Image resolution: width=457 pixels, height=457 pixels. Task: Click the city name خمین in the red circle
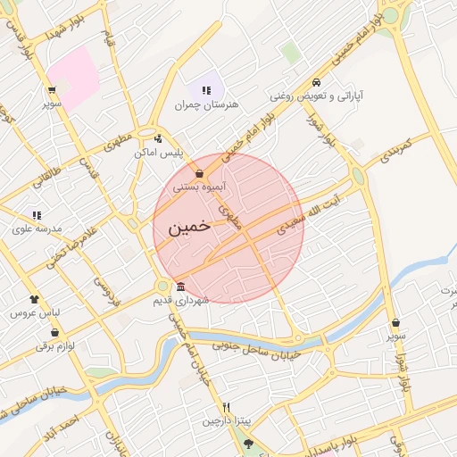[x=188, y=226]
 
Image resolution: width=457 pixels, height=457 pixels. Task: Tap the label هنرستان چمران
[x=207, y=105]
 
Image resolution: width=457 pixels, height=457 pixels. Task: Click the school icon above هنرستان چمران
[x=207, y=90]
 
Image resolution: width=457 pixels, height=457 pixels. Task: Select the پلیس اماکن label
[x=158, y=153]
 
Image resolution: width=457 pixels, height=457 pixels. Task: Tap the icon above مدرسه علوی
[x=37, y=214]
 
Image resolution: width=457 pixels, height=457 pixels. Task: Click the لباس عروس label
[x=33, y=313]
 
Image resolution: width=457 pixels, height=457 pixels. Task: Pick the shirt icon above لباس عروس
[x=34, y=299]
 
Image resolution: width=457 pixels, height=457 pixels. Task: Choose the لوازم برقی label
[x=55, y=345]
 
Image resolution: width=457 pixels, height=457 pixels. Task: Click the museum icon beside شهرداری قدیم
[x=181, y=287]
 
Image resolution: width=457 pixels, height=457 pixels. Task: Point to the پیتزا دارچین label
[x=226, y=420]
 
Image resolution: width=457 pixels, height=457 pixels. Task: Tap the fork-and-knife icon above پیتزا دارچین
[x=226, y=406]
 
